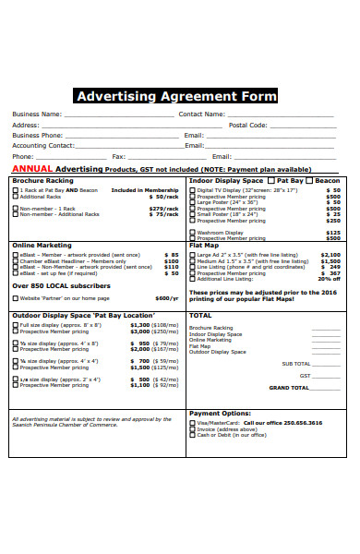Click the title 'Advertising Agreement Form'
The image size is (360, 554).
[x=175, y=96]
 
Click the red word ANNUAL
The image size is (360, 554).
[x=32, y=170]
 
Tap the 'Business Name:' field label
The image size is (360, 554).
[x=37, y=114]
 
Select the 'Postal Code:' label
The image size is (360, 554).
[x=247, y=125]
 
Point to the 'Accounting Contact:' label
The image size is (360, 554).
[x=42, y=145]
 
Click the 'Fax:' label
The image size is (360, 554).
[x=118, y=156]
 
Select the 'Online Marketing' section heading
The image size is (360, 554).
[x=41, y=246]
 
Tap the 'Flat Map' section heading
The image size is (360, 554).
[x=204, y=246]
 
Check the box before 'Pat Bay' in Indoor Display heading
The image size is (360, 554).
[x=272, y=181]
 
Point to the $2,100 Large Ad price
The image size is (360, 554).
[x=330, y=254]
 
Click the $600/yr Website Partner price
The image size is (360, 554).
[x=166, y=298]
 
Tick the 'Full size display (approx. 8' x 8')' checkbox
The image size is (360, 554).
[x=15, y=325]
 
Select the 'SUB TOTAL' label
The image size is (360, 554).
[x=296, y=363]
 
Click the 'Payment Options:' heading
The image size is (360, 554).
[x=220, y=413]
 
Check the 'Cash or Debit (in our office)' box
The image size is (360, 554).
[x=192, y=435]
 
